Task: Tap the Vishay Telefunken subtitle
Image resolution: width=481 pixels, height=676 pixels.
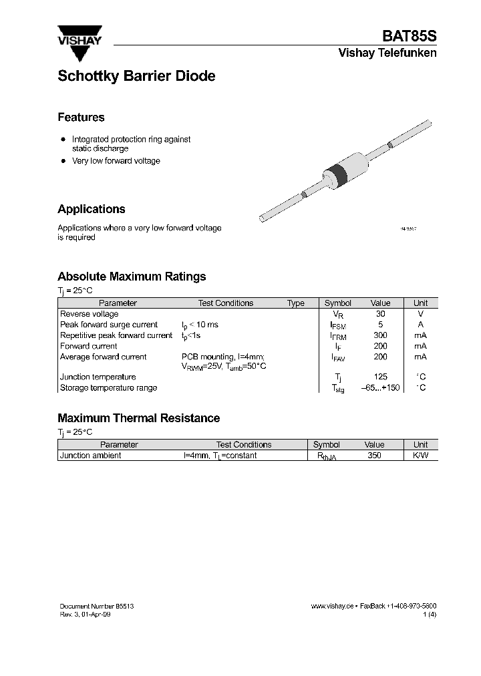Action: [x=387, y=53]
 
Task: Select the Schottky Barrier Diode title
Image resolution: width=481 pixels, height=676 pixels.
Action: [x=136, y=76]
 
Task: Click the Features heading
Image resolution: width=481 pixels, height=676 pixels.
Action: [x=81, y=118]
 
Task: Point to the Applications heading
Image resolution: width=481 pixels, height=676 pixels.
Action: [x=91, y=209]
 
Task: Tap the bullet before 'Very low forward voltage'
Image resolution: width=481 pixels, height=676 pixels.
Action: [x=63, y=161]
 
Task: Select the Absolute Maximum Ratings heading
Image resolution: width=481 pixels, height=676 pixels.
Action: [x=132, y=277]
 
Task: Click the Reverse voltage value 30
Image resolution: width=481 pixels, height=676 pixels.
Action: [x=380, y=314]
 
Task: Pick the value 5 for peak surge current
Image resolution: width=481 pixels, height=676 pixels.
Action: [x=380, y=325]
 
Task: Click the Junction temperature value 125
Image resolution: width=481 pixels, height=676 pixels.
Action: [x=380, y=377]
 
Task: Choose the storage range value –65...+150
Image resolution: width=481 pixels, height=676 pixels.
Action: [x=380, y=388]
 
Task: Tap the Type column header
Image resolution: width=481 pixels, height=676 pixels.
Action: [x=296, y=303]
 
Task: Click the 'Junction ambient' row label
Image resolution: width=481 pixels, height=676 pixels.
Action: [x=91, y=456]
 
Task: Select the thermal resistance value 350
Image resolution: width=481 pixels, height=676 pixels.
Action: [x=374, y=456]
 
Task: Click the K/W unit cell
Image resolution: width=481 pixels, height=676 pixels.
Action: [x=420, y=456]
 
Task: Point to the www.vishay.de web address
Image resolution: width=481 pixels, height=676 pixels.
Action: [x=332, y=606]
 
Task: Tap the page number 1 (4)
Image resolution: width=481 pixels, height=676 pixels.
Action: [x=430, y=615]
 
